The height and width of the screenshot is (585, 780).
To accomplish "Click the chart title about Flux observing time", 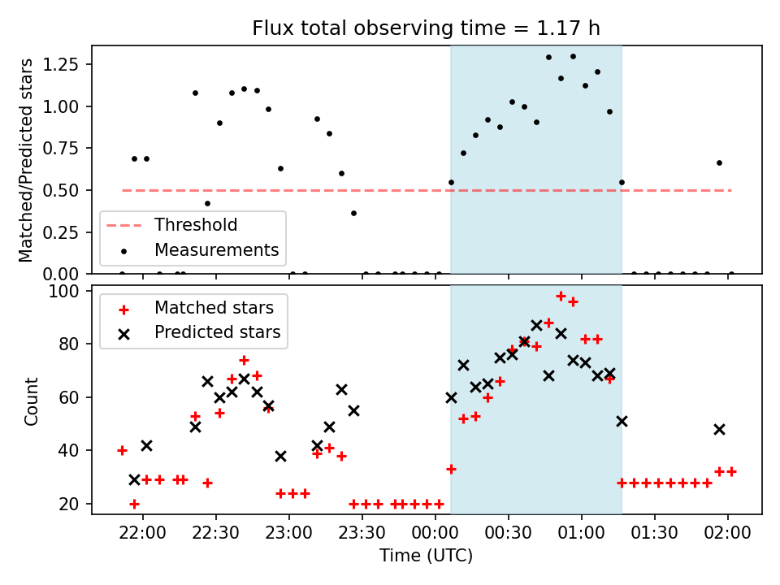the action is (426, 28).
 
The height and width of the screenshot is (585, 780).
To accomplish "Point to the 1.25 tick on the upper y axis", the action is (60, 64).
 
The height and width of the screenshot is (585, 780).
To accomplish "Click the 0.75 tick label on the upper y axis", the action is (60, 148).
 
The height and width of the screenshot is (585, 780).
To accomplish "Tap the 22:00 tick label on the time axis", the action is (143, 533).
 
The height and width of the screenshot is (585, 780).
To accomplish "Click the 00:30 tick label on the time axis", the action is (508, 533).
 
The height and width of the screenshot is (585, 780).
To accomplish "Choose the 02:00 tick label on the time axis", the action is (727, 533).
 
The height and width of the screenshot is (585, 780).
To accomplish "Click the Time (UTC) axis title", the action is (426, 555).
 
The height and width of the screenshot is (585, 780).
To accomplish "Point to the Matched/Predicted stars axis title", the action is (25, 160).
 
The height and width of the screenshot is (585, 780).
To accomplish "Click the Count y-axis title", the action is (31, 401).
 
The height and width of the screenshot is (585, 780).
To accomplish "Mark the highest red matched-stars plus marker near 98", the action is (561, 297).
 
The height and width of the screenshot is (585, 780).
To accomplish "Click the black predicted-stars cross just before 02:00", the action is (719, 429).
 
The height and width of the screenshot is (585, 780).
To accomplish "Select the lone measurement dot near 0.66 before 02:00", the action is (719, 163).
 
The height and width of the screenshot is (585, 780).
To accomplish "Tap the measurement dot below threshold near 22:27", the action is (207, 203).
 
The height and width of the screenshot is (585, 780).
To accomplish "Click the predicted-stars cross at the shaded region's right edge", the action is (622, 422).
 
